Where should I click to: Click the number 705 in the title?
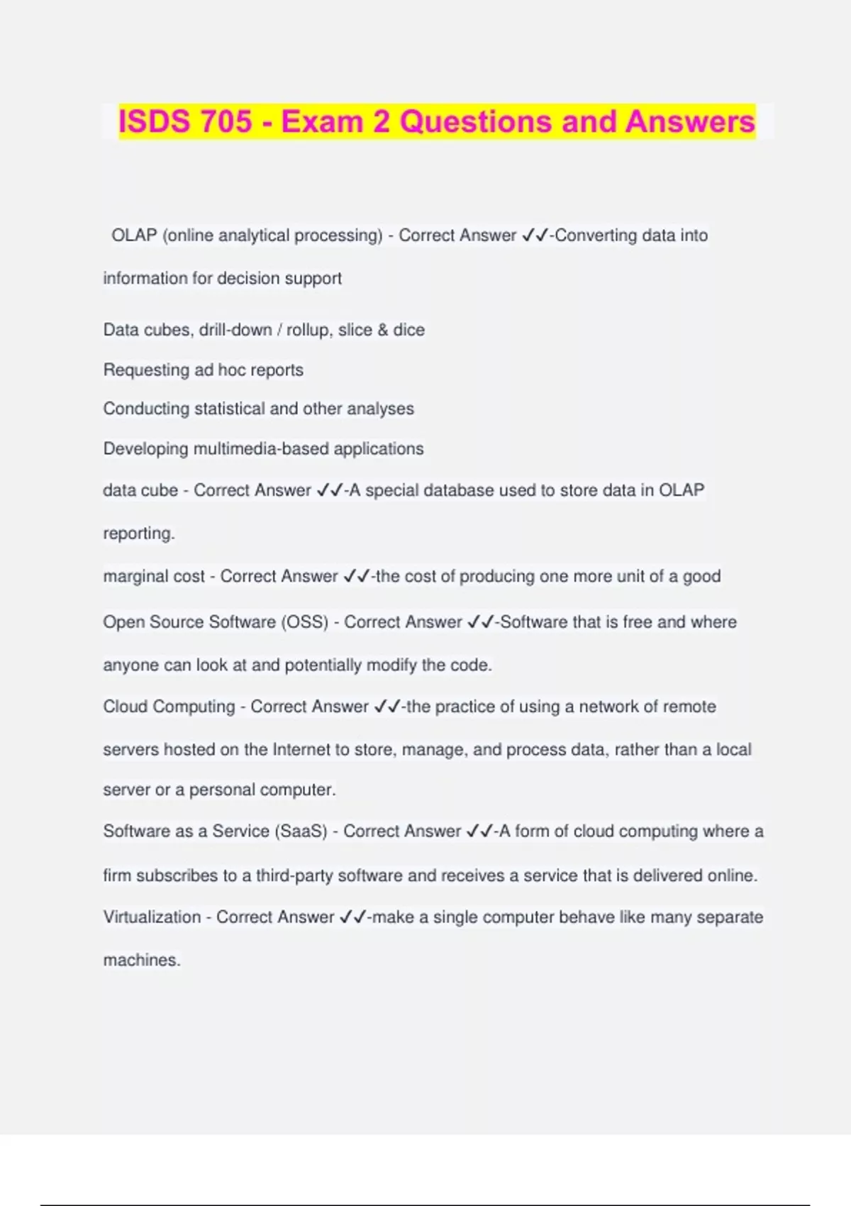click(x=226, y=121)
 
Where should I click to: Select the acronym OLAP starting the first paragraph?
click(x=133, y=236)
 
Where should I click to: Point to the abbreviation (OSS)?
click(x=305, y=622)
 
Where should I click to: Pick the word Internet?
click(x=301, y=750)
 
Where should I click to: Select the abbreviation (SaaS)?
click(x=301, y=831)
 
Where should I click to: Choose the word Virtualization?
click(x=152, y=917)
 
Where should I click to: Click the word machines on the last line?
click(x=141, y=961)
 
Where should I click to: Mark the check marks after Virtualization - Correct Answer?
click(x=352, y=917)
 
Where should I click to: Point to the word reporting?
click(x=138, y=533)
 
